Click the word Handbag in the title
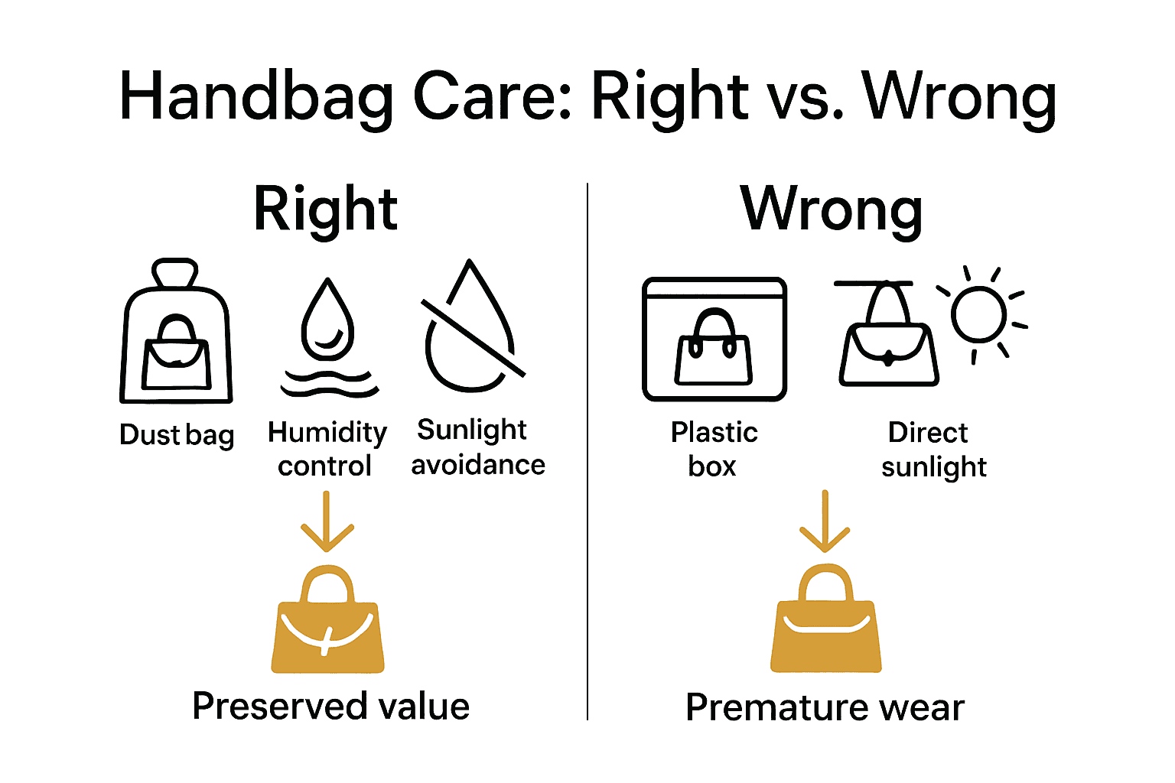tap(257, 97)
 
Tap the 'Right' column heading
tap(325, 209)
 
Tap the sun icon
tap(979, 314)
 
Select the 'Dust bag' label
tap(177, 434)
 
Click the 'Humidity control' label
tap(327, 449)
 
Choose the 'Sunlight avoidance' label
tap(477, 447)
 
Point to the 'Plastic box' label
tap(714, 449)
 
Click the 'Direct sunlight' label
tap(933, 449)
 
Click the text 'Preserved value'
tap(330, 706)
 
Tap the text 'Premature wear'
tap(825, 707)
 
